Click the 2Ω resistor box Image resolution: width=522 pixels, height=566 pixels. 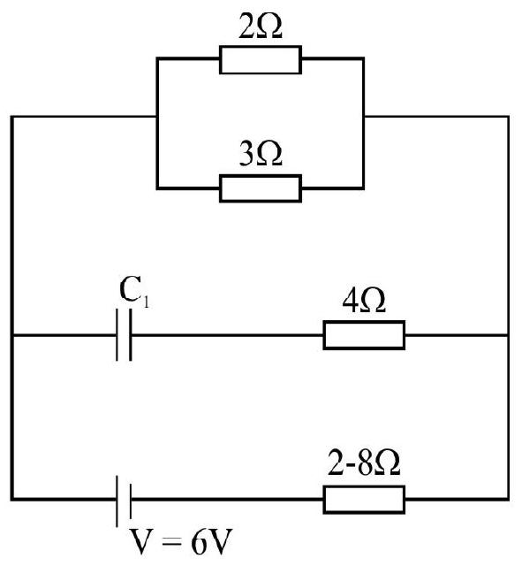(x=261, y=60)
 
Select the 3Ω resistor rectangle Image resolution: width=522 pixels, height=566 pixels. (x=261, y=188)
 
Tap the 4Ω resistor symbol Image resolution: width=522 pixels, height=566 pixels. (x=364, y=335)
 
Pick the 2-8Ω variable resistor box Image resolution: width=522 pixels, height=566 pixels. (x=364, y=500)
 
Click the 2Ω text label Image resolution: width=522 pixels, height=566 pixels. (x=261, y=27)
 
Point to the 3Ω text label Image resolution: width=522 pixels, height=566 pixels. (x=261, y=155)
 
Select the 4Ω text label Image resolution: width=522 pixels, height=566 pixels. (x=364, y=301)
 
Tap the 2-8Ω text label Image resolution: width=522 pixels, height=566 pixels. (x=364, y=463)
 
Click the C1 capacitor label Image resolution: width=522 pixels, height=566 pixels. (x=134, y=291)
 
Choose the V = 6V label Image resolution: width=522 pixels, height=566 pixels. (x=180, y=542)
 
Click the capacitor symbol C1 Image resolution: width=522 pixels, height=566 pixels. (x=124, y=335)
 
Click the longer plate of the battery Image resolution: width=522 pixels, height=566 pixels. (x=117, y=501)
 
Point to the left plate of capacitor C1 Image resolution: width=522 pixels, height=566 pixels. (x=117, y=335)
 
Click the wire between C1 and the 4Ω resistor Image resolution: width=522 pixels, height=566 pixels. (x=228, y=335)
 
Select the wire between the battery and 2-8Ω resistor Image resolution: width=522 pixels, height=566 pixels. (x=228, y=500)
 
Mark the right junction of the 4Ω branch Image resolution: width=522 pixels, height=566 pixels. (x=508, y=335)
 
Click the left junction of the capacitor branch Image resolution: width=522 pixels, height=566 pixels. (x=12, y=335)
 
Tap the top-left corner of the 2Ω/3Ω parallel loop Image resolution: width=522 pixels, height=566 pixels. (x=157, y=58)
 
